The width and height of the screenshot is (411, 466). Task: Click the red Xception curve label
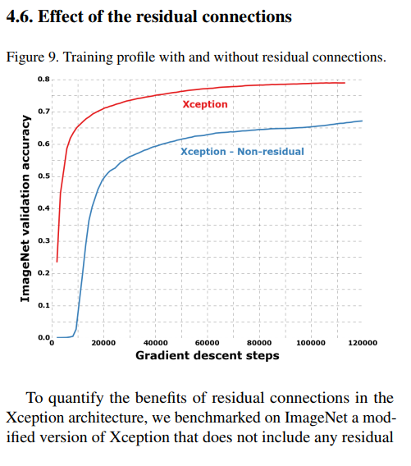tap(205, 104)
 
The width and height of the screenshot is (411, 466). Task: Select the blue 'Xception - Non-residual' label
tap(242, 152)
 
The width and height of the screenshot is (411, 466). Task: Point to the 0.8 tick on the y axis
tap(43, 80)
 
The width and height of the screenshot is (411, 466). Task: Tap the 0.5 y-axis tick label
tap(43, 176)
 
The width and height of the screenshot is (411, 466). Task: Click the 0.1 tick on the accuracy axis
tap(43, 305)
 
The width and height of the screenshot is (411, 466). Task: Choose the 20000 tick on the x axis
tap(103, 343)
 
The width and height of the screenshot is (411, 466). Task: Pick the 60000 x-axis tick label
tap(207, 343)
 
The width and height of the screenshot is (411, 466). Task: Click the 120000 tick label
tap(363, 343)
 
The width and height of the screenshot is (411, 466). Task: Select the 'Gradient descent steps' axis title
tap(208, 356)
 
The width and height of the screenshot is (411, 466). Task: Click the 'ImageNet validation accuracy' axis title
tap(25, 208)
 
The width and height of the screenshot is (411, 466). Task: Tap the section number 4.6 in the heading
tap(20, 16)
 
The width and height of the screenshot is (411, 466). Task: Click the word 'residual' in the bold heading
tap(167, 16)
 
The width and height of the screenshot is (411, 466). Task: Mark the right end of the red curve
tap(345, 83)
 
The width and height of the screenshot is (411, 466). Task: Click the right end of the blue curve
tap(363, 121)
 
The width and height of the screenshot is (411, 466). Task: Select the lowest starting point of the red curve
tap(57, 262)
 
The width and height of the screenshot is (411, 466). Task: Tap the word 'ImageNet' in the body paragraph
tap(316, 418)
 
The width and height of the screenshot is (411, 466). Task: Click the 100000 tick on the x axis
tap(311, 343)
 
